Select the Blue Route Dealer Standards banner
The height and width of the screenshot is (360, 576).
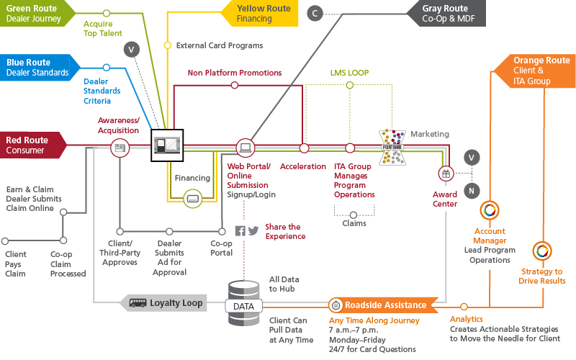click(x=36, y=68)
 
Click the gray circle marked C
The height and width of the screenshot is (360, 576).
click(x=314, y=12)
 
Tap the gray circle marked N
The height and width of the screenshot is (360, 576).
click(x=472, y=191)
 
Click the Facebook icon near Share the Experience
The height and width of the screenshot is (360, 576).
click(x=240, y=231)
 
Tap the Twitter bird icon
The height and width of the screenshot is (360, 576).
click(x=253, y=231)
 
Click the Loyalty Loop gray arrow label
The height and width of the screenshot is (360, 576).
click(x=167, y=303)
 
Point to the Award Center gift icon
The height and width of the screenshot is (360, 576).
click(x=446, y=174)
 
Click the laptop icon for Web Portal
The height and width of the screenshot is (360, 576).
click(x=245, y=148)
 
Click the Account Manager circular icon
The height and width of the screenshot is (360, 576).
click(x=490, y=210)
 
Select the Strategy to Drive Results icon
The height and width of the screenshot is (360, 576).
click(x=541, y=251)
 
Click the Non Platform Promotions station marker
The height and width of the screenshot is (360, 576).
click(x=234, y=86)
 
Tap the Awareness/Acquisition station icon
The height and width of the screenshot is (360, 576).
click(x=119, y=148)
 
